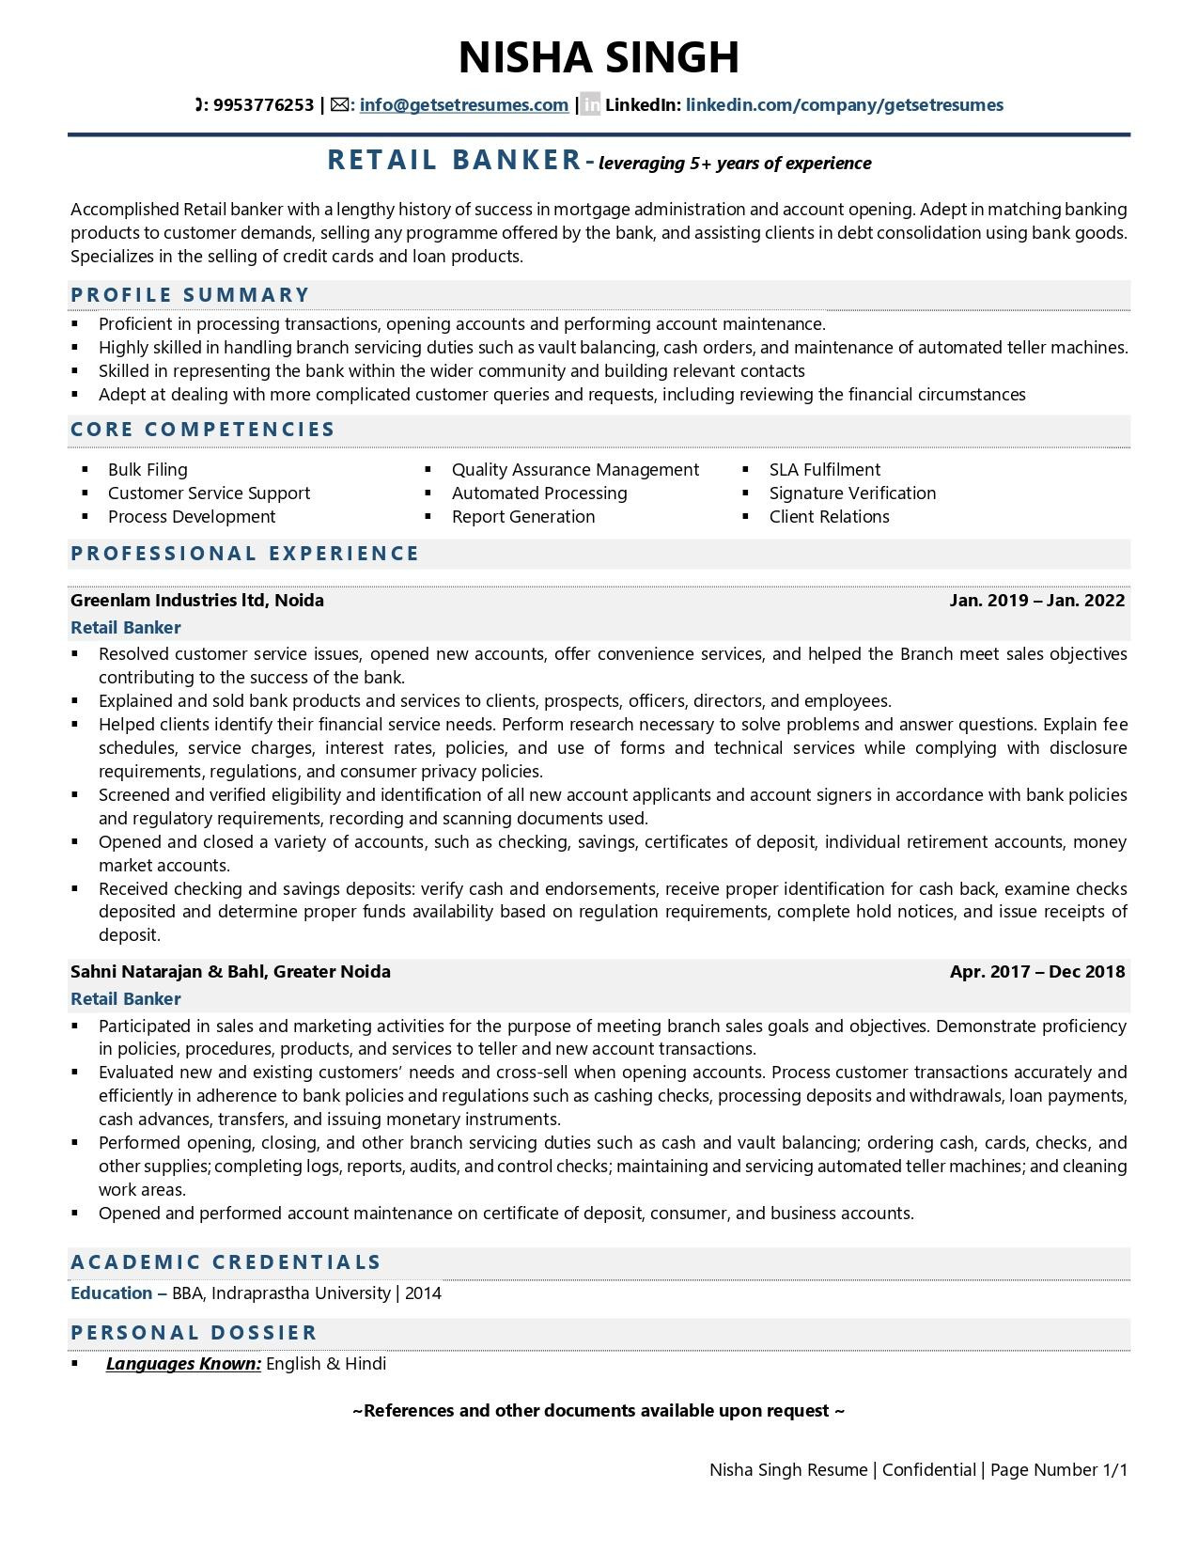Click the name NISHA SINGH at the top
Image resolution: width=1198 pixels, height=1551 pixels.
point(599,57)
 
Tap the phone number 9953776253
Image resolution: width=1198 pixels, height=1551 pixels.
point(263,105)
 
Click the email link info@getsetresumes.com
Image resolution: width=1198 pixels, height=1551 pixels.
point(463,105)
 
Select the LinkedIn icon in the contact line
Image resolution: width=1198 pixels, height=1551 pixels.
point(590,105)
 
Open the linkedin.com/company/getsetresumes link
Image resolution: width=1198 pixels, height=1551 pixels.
point(844,105)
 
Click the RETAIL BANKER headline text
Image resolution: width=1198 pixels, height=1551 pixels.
point(455,161)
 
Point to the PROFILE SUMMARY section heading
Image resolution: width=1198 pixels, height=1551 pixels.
point(190,295)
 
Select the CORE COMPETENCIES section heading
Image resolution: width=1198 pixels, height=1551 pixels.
point(203,430)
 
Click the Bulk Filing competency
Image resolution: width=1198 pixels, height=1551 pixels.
point(148,470)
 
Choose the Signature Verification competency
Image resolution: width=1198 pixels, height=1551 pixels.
point(852,493)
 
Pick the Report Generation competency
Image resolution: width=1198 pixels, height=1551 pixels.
point(523,517)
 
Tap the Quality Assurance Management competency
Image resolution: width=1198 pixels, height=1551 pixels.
point(575,470)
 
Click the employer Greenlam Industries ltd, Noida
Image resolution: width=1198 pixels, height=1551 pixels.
point(197,601)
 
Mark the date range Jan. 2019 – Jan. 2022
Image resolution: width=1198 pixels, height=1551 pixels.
point(1036,601)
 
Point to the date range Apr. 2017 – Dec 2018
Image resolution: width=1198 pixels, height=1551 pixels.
point(1036,972)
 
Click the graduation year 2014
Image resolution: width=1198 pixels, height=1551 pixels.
point(423,1293)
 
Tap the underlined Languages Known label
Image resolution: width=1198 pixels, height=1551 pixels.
point(183,1364)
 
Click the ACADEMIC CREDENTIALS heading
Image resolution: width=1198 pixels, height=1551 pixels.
point(226,1262)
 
